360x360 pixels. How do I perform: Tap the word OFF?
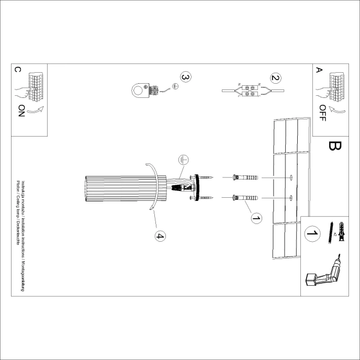pos(322,112)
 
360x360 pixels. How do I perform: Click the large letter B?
pos(333,145)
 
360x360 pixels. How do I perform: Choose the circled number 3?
pos(185,77)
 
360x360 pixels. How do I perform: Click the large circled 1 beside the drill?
pos(312,233)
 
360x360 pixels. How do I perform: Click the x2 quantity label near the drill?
pos(333,235)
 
